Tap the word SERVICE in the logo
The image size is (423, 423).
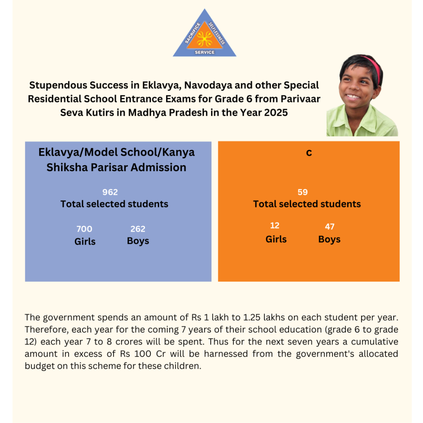(204, 52)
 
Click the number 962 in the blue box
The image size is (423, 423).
(110, 192)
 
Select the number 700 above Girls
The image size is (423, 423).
(84, 229)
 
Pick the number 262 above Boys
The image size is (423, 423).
(138, 229)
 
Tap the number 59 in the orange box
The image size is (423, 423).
(303, 192)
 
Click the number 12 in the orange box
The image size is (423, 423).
(275, 226)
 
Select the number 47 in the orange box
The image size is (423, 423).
(330, 226)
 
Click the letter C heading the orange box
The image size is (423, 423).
(309, 153)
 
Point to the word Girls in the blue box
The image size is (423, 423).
(85, 241)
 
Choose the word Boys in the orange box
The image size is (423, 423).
(329, 240)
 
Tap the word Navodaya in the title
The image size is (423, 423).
(207, 86)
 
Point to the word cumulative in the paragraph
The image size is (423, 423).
(364, 342)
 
